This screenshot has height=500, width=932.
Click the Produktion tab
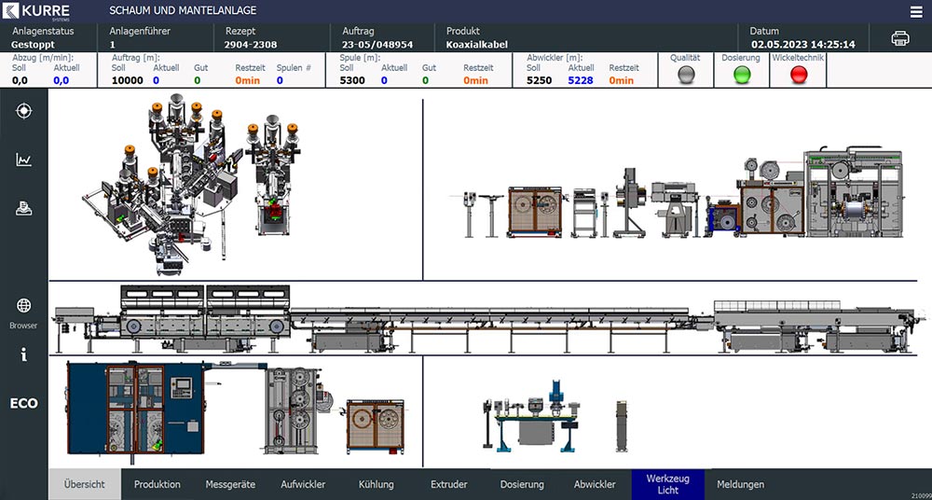click(x=157, y=484)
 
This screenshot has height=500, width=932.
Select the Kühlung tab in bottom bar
click(x=377, y=484)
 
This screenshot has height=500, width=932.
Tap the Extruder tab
click(x=449, y=484)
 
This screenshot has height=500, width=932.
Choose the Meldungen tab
click(x=741, y=484)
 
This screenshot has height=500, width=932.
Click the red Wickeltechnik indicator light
click(x=799, y=75)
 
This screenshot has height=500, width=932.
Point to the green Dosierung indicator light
click(x=742, y=75)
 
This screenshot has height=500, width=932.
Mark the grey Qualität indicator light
click(x=686, y=75)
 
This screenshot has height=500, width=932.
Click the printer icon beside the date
click(x=900, y=38)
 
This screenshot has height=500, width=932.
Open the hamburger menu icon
click(x=916, y=12)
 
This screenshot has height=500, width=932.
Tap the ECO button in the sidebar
click(x=24, y=404)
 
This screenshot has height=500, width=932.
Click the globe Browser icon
click(x=24, y=306)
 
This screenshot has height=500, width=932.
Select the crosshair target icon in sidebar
click(x=24, y=111)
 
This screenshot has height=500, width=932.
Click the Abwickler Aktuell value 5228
click(x=580, y=80)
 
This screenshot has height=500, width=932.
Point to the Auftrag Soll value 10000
click(x=128, y=80)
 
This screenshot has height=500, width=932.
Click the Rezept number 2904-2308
click(x=250, y=45)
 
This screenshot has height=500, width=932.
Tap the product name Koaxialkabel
click(x=477, y=45)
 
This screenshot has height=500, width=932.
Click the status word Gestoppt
click(x=33, y=45)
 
